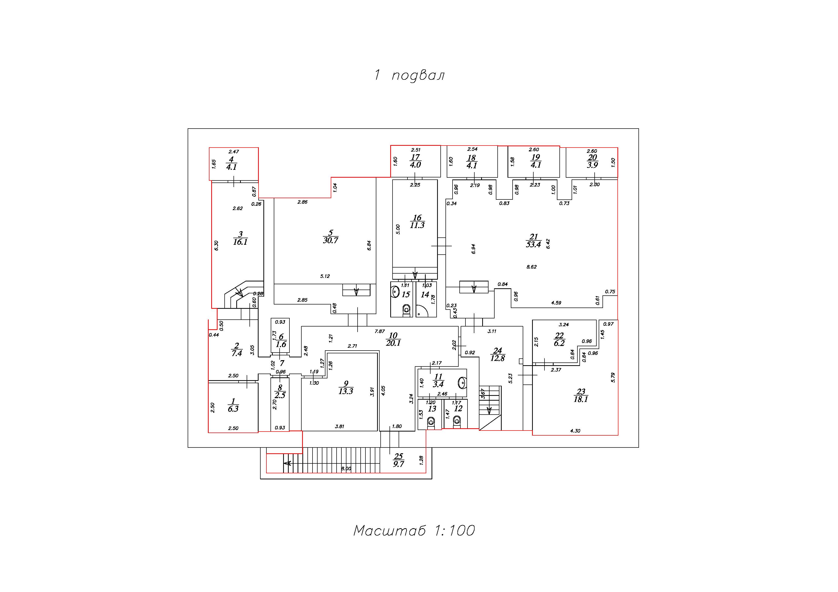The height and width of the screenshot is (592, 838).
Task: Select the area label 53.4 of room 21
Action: pos(533,245)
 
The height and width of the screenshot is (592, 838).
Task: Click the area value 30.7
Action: pos(330,240)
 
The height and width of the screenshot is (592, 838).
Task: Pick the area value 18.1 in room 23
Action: pos(581,399)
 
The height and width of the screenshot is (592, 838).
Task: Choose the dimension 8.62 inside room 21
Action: pos(531,267)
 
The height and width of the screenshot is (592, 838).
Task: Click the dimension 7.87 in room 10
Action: pos(380,331)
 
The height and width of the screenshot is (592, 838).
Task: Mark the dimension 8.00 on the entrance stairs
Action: pos(346,468)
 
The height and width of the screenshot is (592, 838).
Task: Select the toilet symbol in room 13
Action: pos(431,422)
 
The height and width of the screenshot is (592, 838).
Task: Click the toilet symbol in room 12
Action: pos(457,422)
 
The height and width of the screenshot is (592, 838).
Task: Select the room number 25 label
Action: pos(398,456)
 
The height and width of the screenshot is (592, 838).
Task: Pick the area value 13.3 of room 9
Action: pos(346,391)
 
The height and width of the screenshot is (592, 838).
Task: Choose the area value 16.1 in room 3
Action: pos(240,242)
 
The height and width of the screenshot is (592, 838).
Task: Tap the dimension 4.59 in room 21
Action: pos(556,303)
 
